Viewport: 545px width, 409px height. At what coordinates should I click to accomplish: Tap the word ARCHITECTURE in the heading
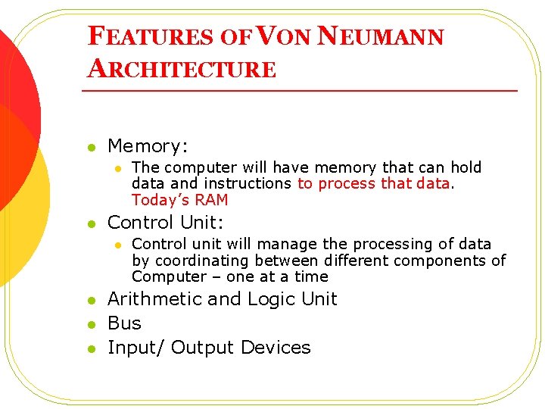coord(182,69)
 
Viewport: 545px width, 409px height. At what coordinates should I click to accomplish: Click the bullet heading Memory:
coord(148,145)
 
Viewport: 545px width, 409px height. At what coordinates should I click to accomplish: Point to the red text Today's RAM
coord(179,200)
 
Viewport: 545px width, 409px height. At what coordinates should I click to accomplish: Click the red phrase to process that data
coord(374,183)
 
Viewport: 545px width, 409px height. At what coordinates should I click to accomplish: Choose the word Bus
coord(124,323)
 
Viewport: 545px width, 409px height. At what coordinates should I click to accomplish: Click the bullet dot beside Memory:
coord(91,147)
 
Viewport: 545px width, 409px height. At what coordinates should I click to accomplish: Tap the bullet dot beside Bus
coord(91,324)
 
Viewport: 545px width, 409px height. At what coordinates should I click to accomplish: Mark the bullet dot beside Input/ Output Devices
coord(91,348)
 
